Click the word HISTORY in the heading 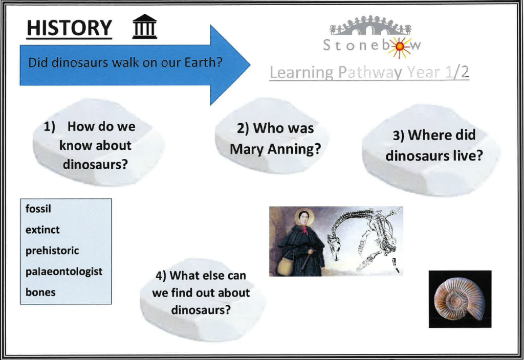(69, 28)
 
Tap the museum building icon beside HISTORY (144, 27)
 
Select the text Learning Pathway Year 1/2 (369, 73)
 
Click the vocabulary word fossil (38, 209)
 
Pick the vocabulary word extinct (42, 230)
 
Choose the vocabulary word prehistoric (52, 251)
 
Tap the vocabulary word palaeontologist (64, 272)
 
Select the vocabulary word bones (40, 292)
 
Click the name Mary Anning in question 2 (275, 149)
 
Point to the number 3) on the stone (398, 136)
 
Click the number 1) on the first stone (50, 127)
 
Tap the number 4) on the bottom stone (161, 276)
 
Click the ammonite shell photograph (460, 299)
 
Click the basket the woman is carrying (286, 266)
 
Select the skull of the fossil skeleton (335, 246)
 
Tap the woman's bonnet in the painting (303, 216)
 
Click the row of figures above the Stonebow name (370, 25)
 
